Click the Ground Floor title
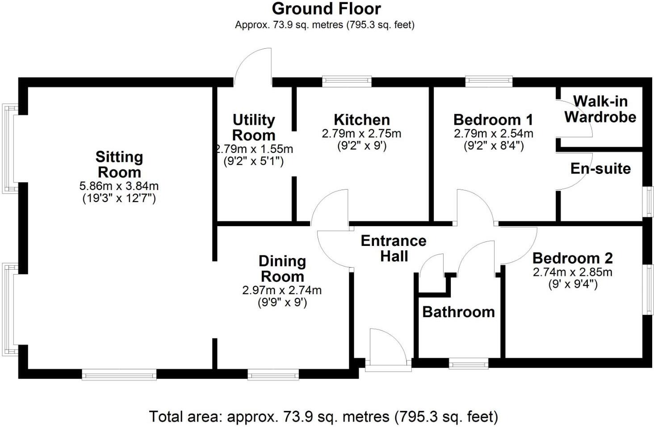click(x=326, y=9)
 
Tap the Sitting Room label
click(x=119, y=165)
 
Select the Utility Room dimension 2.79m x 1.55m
click(x=254, y=149)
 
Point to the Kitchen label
click(x=362, y=120)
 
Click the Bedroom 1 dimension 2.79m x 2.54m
click(x=493, y=133)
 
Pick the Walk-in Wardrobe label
click(x=600, y=109)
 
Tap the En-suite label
click(x=600, y=169)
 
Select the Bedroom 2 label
click(x=572, y=258)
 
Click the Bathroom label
click(x=458, y=312)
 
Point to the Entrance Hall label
click(x=394, y=249)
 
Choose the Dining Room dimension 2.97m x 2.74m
click(x=282, y=290)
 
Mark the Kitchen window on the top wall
click(x=347, y=81)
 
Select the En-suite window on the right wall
click(x=648, y=202)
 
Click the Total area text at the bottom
click(x=323, y=417)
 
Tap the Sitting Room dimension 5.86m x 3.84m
click(x=119, y=186)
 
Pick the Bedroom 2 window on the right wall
click(x=648, y=289)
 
